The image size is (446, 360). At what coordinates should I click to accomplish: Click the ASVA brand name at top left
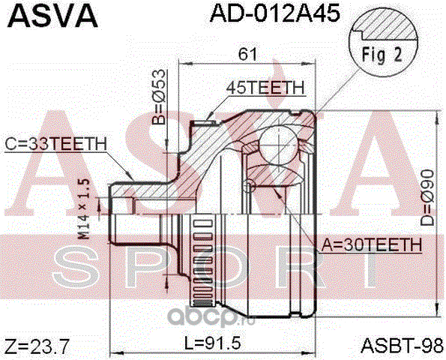52,16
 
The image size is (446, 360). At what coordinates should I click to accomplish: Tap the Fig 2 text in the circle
382,55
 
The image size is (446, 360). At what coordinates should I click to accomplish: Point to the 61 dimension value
247,54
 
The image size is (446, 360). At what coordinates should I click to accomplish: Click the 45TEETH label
265,88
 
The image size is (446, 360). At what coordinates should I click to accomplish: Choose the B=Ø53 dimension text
158,97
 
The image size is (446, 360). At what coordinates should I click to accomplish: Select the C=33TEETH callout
56,144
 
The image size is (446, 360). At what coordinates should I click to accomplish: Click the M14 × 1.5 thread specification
84,209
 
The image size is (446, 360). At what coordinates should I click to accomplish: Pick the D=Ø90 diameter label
427,198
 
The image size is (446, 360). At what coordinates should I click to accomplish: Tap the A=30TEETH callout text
372,244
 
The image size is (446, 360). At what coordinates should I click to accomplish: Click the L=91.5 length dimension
212,343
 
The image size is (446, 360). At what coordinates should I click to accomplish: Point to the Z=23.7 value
37,346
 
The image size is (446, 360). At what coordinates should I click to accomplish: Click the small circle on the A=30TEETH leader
249,184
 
